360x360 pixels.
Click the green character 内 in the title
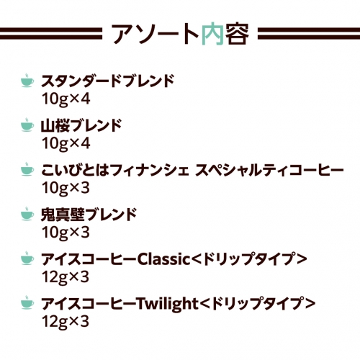(212, 34)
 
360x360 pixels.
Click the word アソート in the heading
(156, 34)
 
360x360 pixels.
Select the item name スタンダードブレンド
(107, 81)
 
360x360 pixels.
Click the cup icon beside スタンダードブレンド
(27, 81)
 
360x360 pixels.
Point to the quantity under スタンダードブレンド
(66, 99)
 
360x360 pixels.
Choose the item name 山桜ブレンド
(81, 125)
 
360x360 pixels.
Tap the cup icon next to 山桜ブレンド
(27, 125)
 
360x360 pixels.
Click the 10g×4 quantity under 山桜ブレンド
(66, 143)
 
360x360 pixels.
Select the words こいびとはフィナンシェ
(115, 170)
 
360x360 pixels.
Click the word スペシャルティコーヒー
(270, 170)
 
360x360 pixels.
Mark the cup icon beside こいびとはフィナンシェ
(27, 169)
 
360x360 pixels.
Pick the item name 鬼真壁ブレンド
(89, 215)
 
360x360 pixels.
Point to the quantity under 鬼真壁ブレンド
(66, 233)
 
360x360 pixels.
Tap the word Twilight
(167, 303)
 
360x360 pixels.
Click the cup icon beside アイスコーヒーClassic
(27, 258)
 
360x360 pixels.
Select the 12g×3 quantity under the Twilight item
(66, 321)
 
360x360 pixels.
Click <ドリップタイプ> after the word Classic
(249, 259)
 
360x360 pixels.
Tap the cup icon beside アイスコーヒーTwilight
(27, 302)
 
